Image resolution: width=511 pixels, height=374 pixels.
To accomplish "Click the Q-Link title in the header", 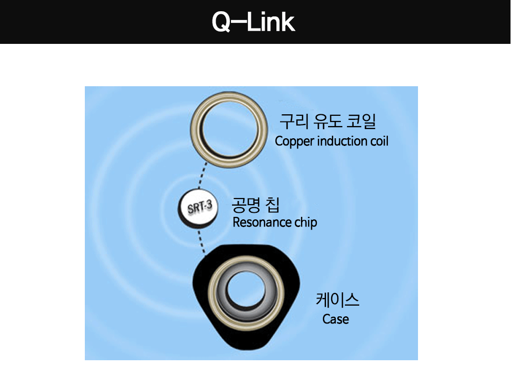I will coord(253,22).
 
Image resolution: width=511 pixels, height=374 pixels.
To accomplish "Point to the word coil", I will coord(379,141).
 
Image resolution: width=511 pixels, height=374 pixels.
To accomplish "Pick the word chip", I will coord(306,223).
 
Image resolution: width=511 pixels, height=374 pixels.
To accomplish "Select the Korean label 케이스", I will coord(338,300).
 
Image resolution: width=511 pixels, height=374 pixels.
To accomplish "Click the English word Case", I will coord(336,319).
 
